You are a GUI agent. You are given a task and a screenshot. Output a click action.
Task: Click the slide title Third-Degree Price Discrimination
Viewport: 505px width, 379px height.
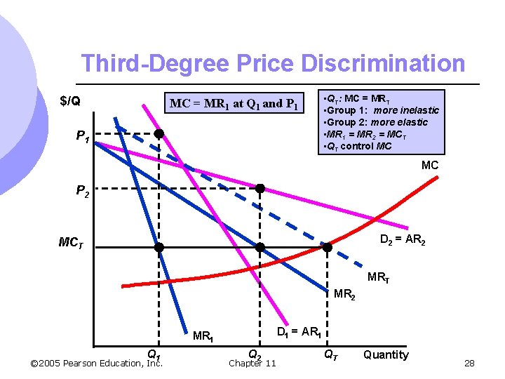coord(272,63)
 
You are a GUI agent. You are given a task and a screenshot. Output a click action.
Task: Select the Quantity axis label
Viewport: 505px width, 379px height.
coord(386,354)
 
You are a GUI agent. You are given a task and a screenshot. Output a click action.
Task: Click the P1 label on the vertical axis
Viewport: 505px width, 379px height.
coord(82,137)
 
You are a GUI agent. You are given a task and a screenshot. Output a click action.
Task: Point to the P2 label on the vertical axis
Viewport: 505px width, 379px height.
coord(82,192)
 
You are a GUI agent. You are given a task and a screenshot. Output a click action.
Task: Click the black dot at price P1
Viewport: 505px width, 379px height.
coord(159,133)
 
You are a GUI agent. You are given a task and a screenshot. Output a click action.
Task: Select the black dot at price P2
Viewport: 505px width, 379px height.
coord(260,188)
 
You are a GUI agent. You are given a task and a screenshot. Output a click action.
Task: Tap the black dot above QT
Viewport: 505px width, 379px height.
coord(328,247)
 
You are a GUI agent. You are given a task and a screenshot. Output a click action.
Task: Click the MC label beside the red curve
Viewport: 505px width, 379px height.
coord(430,166)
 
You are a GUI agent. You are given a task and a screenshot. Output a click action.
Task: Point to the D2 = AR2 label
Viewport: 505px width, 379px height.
coord(403,241)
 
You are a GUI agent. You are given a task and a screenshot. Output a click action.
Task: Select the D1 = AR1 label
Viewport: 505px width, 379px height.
coord(299,331)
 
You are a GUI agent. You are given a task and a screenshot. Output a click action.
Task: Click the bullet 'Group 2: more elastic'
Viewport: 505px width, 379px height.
coord(379,122)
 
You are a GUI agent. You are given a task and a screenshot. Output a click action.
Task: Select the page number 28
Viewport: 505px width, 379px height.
coord(470,363)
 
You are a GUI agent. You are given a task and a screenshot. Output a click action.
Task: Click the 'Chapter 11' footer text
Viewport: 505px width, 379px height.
coord(252,363)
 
